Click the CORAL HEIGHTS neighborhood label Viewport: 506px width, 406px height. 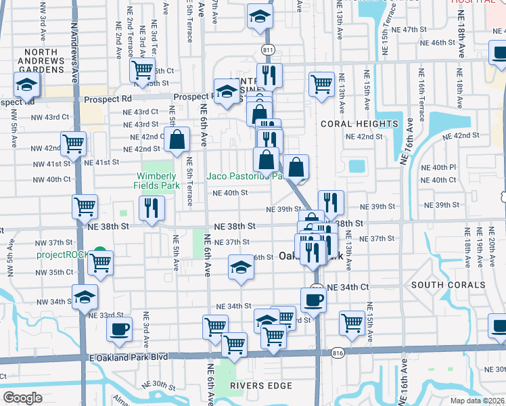[359, 124]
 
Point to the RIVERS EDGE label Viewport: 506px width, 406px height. [261, 386]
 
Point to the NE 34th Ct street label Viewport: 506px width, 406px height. [348, 288]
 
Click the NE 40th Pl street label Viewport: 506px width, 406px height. [439, 167]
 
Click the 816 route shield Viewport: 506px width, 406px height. [338, 353]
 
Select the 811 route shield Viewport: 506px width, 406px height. [269, 49]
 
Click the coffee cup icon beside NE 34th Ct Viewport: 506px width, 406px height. [313, 299]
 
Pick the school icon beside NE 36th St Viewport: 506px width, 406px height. [241, 267]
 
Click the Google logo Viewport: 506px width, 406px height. [22, 398]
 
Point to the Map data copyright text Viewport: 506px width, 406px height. [476, 400]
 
